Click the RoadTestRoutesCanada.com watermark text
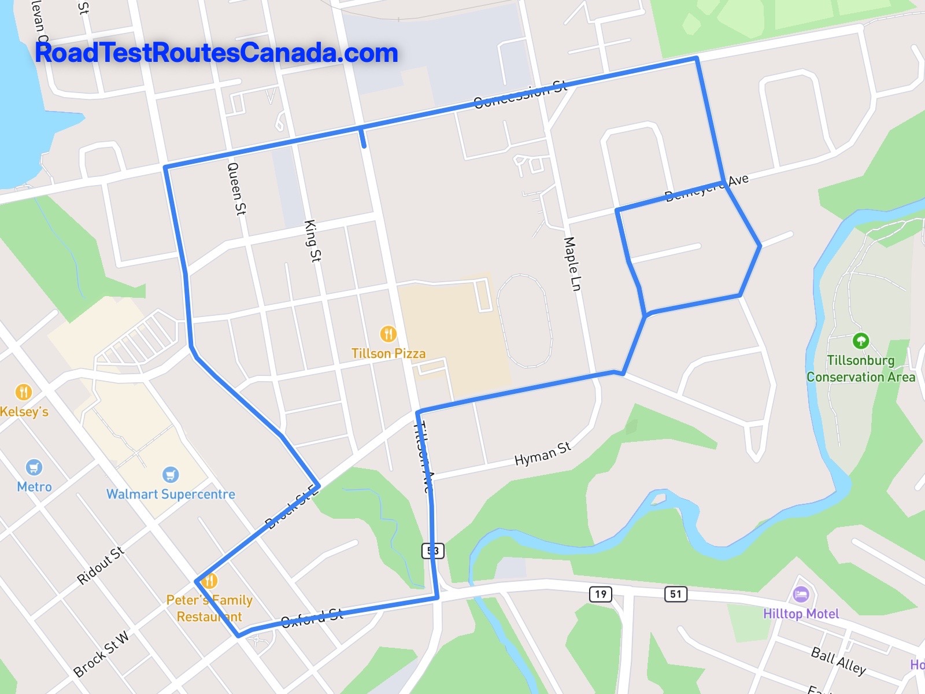coord(216,53)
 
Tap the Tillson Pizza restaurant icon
coord(388,334)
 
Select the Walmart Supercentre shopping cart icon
coord(170,475)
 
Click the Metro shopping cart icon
coord(34,467)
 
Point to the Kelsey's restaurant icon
coord(23,392)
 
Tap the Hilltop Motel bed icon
coord(801,594)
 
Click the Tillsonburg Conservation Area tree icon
coord(860,341)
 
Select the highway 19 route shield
coord(601,594)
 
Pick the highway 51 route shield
coord(676,594)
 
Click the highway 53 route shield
coord(432,551)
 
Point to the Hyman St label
coord(542,453)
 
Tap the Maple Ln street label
coord(572,264)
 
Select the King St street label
coord(312,241)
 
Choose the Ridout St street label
coord(101,564)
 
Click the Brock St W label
coord(102,654)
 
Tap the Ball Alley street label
coord(838,661)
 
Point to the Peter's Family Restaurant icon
coord(209,581)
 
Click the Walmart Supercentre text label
coord(171,494)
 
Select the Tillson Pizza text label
coord(388,353)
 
